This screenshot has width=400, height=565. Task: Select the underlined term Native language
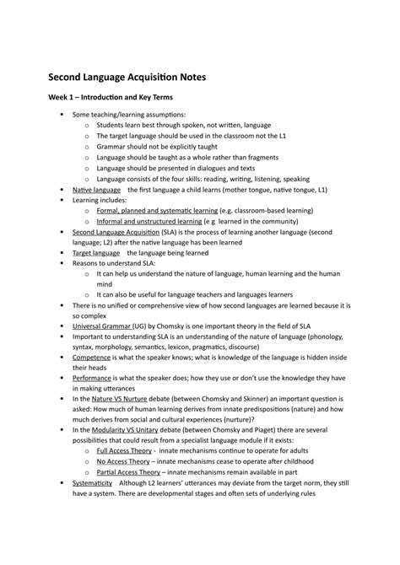[x=95, y=191]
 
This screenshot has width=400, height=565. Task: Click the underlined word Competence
[x=92, y=356]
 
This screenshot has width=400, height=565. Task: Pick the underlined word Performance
[x=93, y=379]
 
